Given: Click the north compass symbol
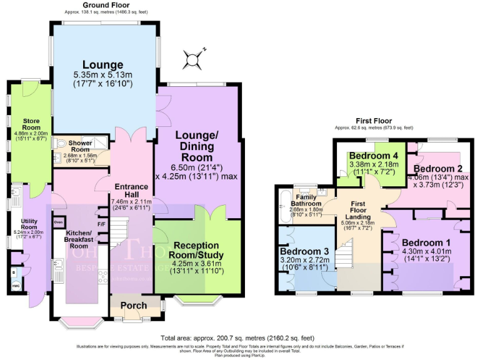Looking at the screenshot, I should tap(191, 60).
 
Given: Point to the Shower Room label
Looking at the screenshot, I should tap(80, 145).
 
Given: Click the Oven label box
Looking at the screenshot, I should tap(59, 222).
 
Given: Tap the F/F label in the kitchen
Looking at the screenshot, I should tap(101, 224).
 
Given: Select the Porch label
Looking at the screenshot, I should tap(134, 306).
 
